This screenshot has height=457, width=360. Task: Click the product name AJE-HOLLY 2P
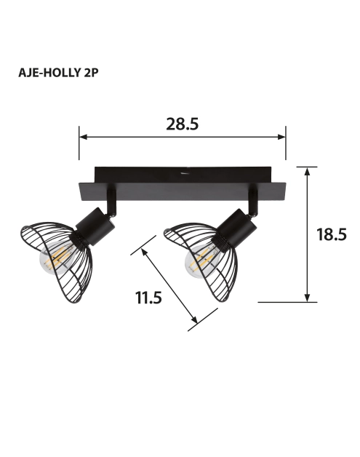coord(58,73)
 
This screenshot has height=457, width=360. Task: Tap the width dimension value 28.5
coord(183,124)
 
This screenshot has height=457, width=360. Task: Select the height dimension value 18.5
coord(332,234)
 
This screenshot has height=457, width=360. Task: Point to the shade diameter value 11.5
coord(148,298)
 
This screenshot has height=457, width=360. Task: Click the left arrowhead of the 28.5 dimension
coord(83,137)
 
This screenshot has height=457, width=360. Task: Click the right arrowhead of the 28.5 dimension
coord(281,137)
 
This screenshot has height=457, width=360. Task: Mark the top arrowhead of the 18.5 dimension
coord(307,172)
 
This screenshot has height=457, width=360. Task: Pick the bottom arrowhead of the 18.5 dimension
coord(307,298)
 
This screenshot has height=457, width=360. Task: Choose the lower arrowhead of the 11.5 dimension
coord(194,319)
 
